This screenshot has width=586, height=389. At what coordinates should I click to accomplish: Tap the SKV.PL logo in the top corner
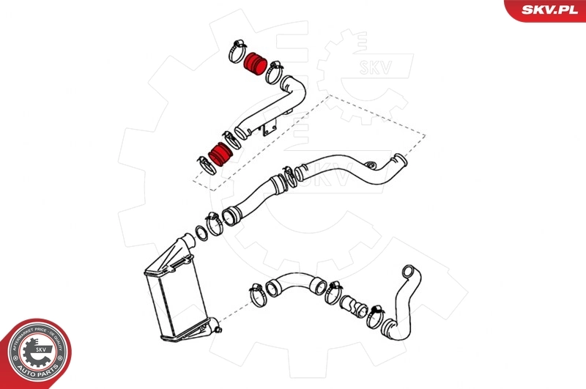[x=549, y=10]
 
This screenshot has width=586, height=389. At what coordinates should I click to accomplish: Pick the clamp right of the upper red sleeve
[x=273, y=73]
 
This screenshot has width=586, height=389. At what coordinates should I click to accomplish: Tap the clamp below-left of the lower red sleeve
[x=204, y=163]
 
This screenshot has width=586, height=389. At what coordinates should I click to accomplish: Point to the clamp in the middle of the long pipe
[x=289, y=176]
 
